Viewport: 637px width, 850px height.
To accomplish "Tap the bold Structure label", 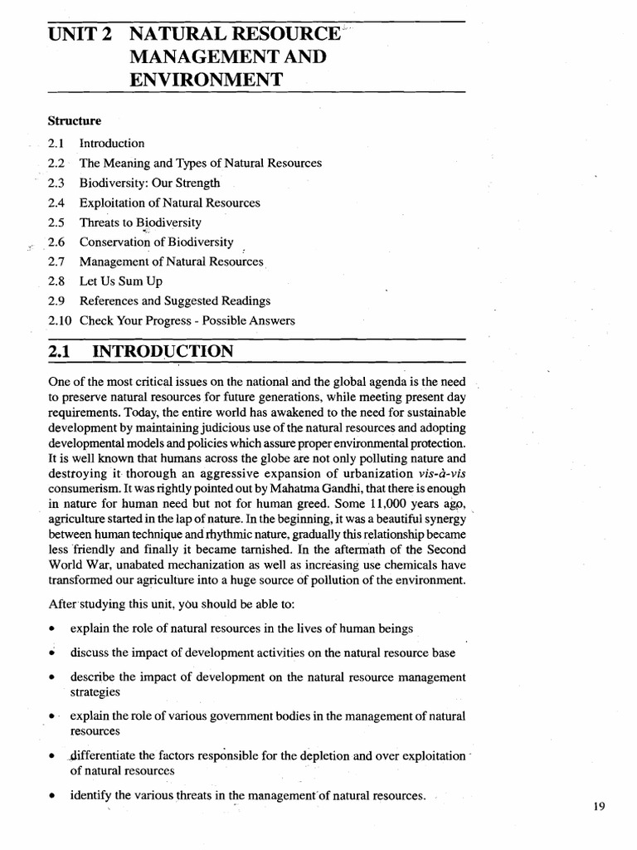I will coord(75,121).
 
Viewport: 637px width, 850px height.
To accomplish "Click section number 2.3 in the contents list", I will coord(56,183).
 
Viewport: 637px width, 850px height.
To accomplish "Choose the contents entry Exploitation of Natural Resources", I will coord(169,203).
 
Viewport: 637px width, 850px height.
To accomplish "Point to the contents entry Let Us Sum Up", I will coord(121,281).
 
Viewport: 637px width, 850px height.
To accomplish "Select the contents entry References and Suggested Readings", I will coord(175,300).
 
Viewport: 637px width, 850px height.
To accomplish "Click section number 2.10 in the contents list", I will coord(60,320).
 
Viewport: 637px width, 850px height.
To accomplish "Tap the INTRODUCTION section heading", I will coord(164,351).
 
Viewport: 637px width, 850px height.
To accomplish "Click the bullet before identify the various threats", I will coord(52,796).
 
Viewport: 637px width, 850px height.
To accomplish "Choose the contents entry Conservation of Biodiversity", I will coord(156,242).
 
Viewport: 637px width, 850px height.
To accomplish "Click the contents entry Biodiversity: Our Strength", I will coord(150,183).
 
